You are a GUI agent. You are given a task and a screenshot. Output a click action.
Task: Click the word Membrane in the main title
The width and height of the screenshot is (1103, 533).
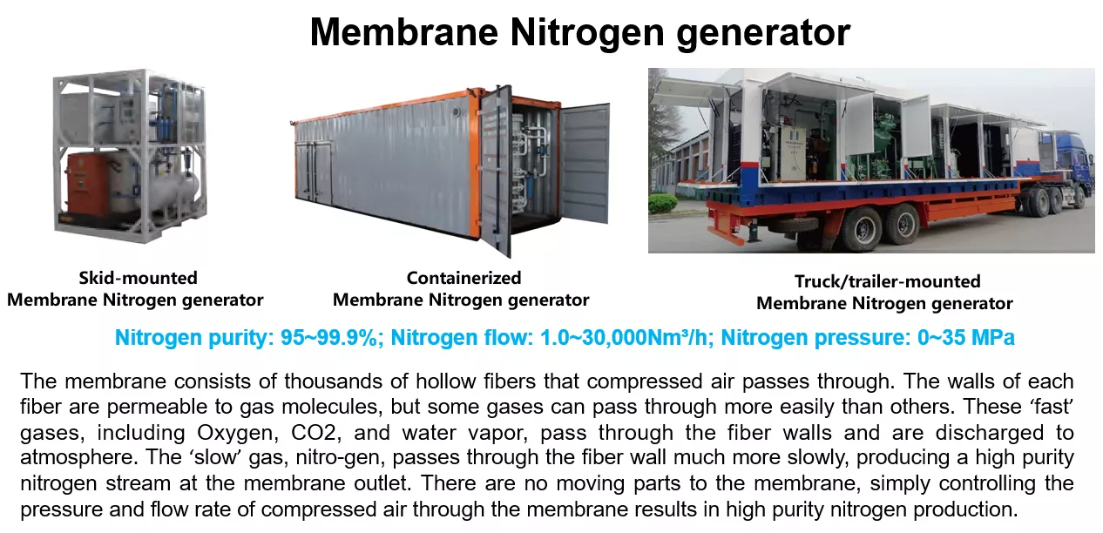click(404, 32)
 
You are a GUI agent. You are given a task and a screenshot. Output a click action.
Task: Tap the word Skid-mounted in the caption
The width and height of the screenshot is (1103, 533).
click(138, 278)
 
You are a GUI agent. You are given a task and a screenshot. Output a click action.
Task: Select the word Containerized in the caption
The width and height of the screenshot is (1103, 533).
click(464, 278)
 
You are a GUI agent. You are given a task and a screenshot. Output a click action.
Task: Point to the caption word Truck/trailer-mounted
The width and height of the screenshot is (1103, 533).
click(887, 281)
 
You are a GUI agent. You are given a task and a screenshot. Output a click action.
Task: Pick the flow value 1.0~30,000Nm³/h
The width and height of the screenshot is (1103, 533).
click(626, 338)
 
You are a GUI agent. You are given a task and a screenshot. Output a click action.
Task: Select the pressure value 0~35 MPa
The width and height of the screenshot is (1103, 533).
click(966, 338)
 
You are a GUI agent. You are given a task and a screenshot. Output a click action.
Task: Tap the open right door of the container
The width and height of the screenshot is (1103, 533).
click(585, 162)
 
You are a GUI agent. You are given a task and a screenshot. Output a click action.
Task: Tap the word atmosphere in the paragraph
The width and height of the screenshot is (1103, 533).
click(77, 457)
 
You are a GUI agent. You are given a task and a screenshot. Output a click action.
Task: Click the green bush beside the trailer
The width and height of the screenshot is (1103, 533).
click(663, 203)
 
